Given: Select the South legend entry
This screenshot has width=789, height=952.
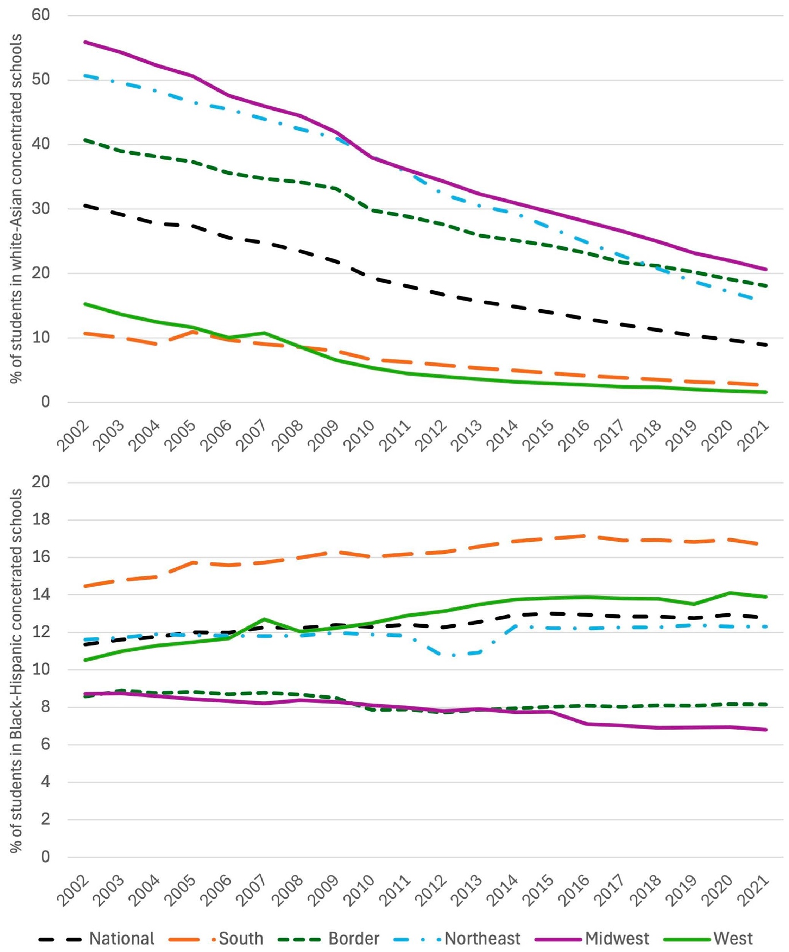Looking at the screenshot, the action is pos(215,938).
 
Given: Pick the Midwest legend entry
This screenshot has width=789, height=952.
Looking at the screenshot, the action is pos(592,938).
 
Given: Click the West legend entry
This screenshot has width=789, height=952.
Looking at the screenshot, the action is pos(708,938).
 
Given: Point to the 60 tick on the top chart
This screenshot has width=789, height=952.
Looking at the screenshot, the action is pos(41,15).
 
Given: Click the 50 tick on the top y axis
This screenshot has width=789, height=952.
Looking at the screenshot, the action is pos(41,80).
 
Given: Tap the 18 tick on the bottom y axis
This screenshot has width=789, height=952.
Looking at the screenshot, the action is pos(41,519).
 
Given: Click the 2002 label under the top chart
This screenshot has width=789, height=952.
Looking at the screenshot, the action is pos(74,436).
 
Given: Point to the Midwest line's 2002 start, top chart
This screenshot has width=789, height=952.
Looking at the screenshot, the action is pos(84,42).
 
